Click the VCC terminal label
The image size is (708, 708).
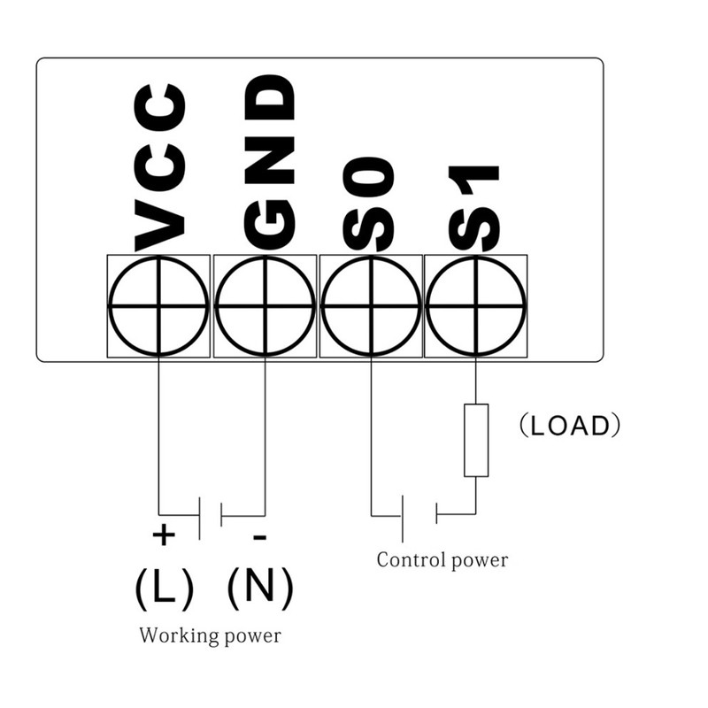tap(160, 167)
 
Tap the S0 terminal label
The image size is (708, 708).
tap(369, 204)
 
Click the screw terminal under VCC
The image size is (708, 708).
tap(159, 306)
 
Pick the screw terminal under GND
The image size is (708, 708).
tap(265, 306)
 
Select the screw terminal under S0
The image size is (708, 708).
tap(370, 306)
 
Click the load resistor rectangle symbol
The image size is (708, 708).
tap(476, 440)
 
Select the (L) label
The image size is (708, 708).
tap(164, 587)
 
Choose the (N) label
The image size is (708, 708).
tap(260, 587)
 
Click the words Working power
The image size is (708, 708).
tap(210, 635)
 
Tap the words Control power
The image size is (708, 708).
tap(442, 560)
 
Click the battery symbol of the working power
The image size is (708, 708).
tap(211, 515)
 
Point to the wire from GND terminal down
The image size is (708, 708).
tap(265, 434)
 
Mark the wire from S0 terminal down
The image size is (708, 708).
tap(370, 434)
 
